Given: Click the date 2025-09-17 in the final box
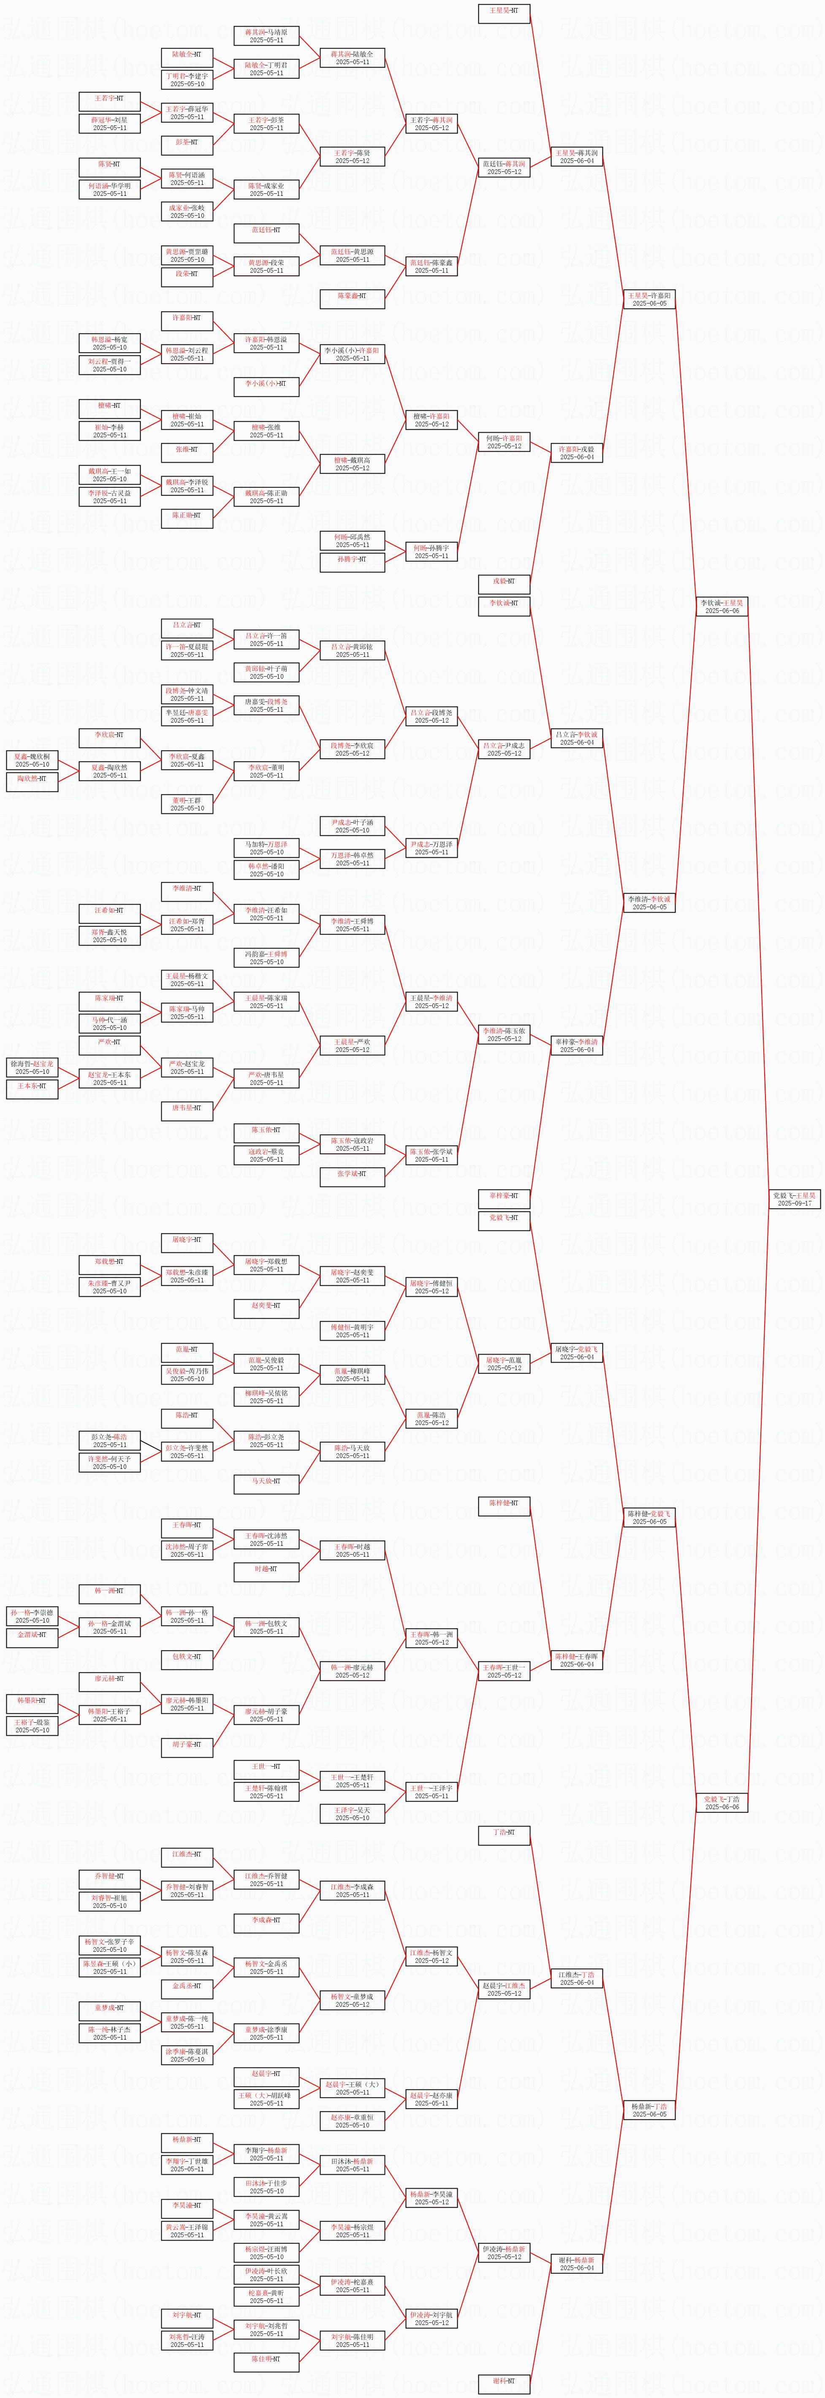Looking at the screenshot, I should point(794,1203).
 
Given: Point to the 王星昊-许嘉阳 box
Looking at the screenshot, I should point(649,299).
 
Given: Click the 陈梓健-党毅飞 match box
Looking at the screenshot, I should point(649,1517).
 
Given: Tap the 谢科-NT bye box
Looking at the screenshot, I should point(504,2382).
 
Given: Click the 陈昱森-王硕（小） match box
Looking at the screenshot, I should point(110,1967).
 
